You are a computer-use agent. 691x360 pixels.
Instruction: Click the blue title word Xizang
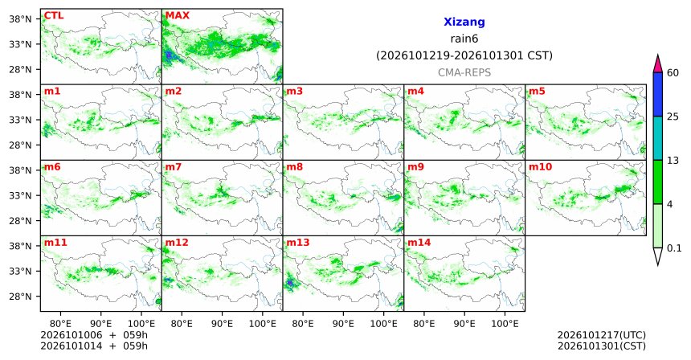(464, 22)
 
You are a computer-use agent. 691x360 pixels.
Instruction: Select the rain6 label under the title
(464, 39)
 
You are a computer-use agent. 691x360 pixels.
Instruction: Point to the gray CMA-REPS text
(464, 72)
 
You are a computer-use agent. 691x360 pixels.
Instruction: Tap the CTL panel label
(54, 15)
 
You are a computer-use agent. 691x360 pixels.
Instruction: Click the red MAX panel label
(177, 15)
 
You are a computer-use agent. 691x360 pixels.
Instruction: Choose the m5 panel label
(537, 92)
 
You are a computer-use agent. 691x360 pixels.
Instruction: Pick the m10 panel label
(540, 167)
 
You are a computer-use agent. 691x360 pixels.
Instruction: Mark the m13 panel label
(298, 243)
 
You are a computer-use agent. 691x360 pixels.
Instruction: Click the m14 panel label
(419, 243)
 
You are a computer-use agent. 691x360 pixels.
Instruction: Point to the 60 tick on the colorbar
(673, 72)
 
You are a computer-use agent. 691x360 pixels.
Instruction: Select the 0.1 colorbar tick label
(674, 248)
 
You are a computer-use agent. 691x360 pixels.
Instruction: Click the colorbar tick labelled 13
(673, 161)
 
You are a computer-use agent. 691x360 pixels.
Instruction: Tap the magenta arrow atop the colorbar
(658, 65)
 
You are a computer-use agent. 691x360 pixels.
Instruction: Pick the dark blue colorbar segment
(658, 94)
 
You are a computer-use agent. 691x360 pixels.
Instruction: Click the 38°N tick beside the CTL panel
(21, 19)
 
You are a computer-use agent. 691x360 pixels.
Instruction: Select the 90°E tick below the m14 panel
(464, 324)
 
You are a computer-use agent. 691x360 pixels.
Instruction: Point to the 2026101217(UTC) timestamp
(602, 335)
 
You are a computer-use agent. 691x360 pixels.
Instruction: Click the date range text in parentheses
(464, 56)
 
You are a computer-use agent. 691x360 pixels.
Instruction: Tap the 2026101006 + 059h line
(94, 335)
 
